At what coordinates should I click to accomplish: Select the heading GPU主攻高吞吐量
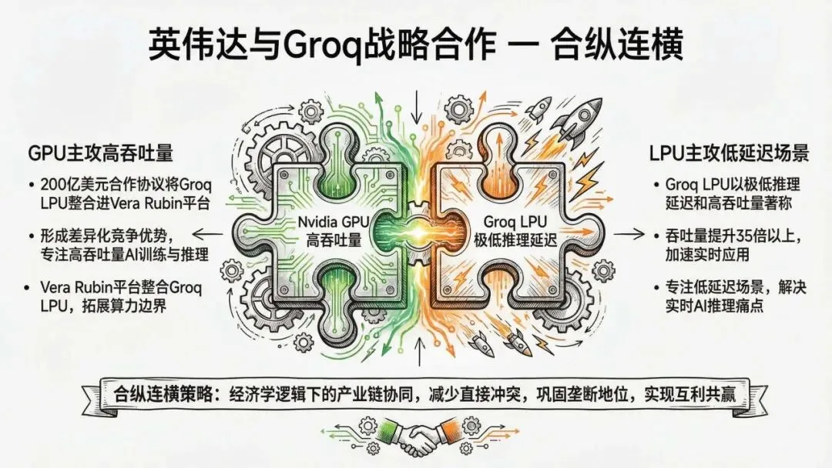point(101,152)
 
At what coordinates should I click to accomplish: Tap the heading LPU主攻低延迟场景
point(730,152)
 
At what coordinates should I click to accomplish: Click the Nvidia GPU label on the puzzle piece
point(334,222)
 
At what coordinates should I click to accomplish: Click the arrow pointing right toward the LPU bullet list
point(629,234)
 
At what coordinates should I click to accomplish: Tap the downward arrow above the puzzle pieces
point(417,106)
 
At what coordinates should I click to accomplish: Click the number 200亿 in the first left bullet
point(59,185)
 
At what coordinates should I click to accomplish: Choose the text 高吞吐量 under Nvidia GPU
point(334,240)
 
